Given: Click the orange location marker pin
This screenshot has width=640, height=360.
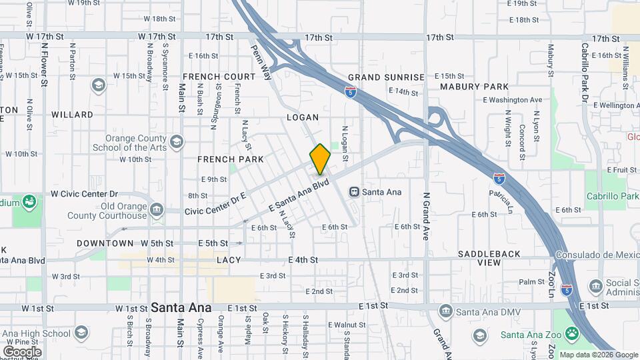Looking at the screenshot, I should point(321,159).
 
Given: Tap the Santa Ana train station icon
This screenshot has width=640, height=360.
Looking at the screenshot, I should point(355,192).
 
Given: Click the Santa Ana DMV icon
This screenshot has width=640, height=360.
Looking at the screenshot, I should point(445,311).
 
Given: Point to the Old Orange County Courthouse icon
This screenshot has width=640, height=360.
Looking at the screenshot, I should point(157,209).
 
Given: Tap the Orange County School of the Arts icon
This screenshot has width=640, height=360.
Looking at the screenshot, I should point(176,141).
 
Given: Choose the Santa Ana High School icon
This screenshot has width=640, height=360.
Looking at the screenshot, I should point(81,333).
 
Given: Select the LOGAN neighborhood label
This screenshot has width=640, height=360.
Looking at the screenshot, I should point(303,117).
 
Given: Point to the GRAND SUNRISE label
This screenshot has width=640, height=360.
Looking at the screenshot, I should point(386,77).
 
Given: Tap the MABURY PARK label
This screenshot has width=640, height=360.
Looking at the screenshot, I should point(474,87).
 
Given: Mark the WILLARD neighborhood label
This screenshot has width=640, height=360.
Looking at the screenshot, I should point(72,115).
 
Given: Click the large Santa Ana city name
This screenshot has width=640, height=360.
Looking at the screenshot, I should point(181,308).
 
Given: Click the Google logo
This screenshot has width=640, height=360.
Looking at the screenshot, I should point(22,351).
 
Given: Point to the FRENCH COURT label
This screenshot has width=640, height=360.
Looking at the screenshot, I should point(219,77).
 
